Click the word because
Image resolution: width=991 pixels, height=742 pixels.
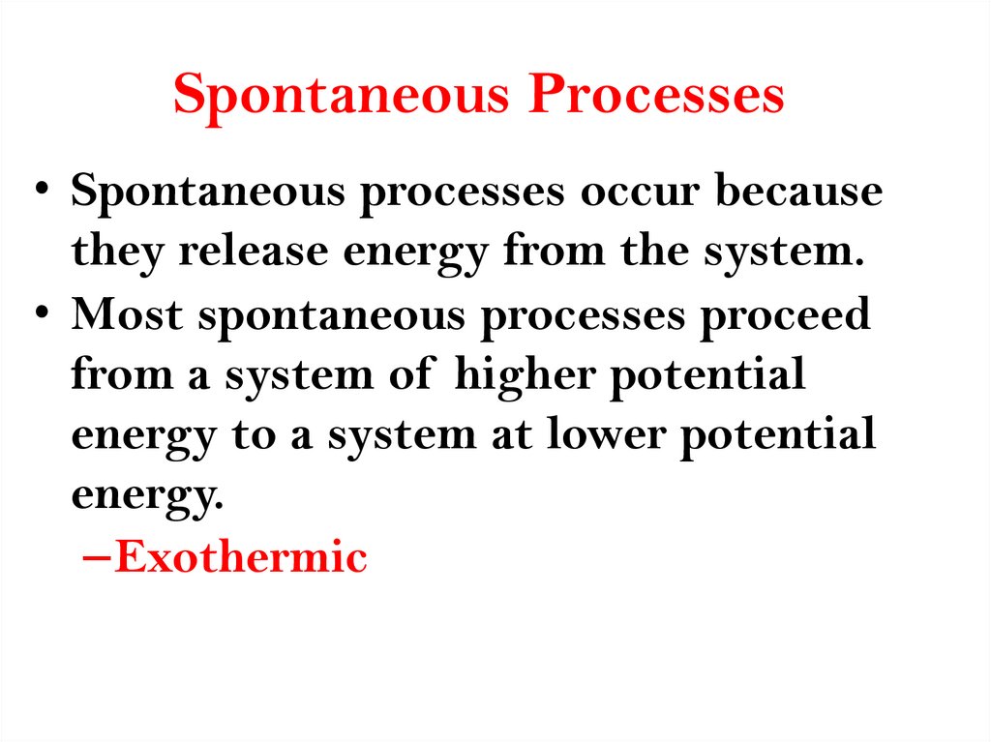[x=798, y=192]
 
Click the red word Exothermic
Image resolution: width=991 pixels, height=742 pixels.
[x=240, y=558]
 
